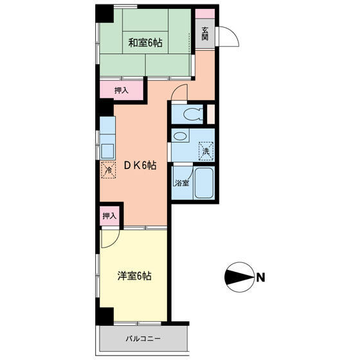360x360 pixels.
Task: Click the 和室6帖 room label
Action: click(x=145, y=42)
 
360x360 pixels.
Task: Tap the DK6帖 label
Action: click(x=140, y=165)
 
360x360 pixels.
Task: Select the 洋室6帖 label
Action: click(x=134, y=276)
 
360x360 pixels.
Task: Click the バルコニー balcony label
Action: click(x=143, y=338)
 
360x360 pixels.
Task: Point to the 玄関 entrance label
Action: click(x=205, y=33)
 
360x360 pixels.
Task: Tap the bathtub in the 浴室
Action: click(x=204, y=183)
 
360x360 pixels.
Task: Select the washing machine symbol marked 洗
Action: click(x=206, y=151)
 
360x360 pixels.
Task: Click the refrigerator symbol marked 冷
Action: click(x=108, y=170)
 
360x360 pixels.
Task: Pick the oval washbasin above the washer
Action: click(x=180, y=136)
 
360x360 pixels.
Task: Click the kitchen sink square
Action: click(x=107, y=151)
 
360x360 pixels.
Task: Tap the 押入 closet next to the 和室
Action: click(x=122, y=91)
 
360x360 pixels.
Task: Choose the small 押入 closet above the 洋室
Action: click(x=109, y=216)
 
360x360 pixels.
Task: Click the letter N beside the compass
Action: click(x=260, y=277)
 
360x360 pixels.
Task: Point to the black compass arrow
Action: click(x=239, y=277)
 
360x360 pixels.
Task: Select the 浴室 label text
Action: click(x=182, y=183)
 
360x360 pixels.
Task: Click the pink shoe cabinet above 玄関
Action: click(x=205, y=14)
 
